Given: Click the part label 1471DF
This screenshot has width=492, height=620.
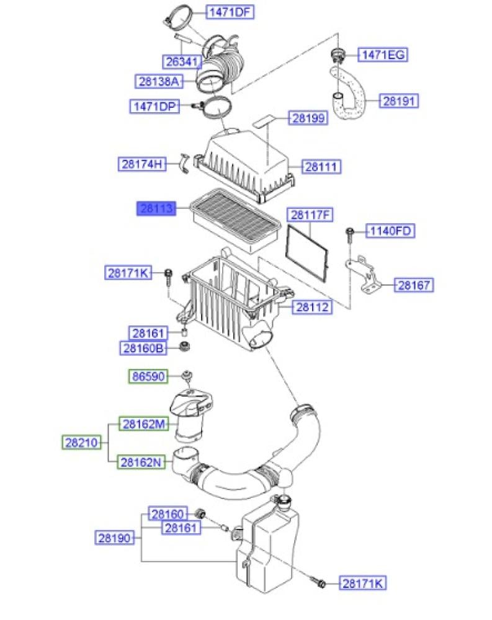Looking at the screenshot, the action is click(230, 12).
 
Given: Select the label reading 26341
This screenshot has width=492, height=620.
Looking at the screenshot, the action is click(182, 61).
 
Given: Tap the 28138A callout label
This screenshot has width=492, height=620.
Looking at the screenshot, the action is click(159, 81).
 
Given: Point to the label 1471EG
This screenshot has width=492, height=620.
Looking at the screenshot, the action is click(383, 55).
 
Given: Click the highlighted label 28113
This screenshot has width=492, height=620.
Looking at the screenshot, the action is click(157, 208).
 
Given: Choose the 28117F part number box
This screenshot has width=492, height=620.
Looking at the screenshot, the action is click(310, 215).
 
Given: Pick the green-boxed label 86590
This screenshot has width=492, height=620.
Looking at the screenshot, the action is click(148, 376).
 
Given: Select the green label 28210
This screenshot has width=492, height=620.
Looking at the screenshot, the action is click(81, 442).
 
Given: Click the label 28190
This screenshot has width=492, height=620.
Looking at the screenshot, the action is click(114, 538).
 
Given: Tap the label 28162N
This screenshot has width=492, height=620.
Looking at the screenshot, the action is click(141, 462).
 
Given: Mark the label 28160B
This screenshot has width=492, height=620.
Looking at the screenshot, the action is click(143, 348).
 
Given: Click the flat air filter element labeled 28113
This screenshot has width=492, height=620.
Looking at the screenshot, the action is click(236, 219).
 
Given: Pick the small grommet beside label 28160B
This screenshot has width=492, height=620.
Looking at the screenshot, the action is click(184, 347).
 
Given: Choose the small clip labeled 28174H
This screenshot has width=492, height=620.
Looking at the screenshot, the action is click(184, 163).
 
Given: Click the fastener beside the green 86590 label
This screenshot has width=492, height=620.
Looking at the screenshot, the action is click(187, 376).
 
